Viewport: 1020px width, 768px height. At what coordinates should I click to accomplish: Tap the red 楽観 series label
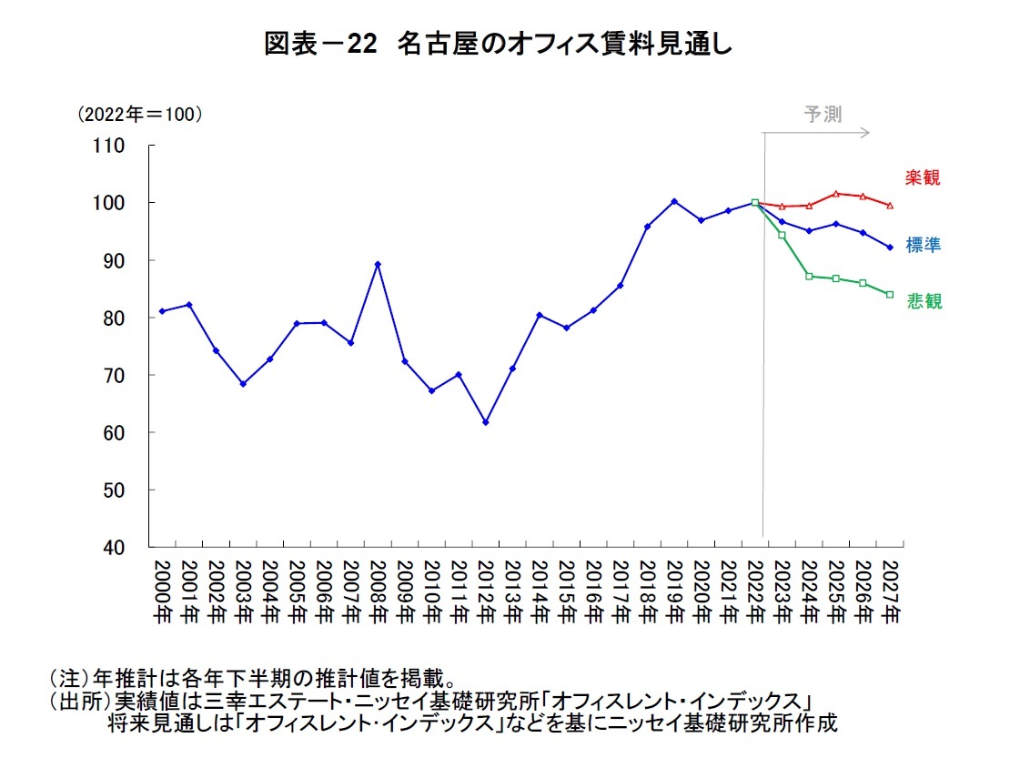[922, 178]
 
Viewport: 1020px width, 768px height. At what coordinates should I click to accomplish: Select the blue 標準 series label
[923, 245]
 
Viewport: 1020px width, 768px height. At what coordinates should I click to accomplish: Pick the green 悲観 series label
[924, 302]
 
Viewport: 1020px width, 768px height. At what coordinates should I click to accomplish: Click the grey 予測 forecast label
[823, 115]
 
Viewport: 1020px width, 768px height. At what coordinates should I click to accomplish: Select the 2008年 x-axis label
[377, 590]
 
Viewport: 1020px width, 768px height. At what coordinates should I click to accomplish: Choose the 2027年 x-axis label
[889, 590]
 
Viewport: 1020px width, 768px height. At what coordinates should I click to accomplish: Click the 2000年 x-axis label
[162, 590]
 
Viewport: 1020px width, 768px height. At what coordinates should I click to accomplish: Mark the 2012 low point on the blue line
[485, 422]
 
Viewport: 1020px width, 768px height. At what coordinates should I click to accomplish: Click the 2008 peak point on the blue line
[378, 264]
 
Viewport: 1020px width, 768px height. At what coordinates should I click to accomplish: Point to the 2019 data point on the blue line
[673, 201]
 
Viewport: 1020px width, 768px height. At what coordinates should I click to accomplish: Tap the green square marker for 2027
[889, 295]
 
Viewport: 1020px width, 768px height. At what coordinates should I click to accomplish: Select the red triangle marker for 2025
[835, 194]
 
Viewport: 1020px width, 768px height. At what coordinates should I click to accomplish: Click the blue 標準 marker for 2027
[889, 247]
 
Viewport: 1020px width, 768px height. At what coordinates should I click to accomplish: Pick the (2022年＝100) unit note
[138, 115]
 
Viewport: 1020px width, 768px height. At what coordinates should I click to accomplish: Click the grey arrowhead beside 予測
[865, 133]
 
